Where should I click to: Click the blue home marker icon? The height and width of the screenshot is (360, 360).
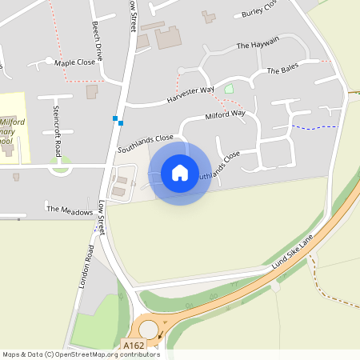(x=180, y=172)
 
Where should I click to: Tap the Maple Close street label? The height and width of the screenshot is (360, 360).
(x=74, y=62)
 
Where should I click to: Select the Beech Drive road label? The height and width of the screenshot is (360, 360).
(x=98, y=41)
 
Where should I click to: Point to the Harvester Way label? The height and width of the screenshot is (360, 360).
(x=191, y=94)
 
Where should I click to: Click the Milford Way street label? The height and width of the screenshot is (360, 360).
(x=226, y=115)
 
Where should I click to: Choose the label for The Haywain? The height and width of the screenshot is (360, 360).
(x=258, y=45)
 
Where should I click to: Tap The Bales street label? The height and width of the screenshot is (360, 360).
(x=282, y=70)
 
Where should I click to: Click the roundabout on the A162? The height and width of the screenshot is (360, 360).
(x=149, y=329)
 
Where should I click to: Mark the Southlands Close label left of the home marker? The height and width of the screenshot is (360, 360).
(x=146, y=143)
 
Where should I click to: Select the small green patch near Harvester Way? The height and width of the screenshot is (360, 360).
(x=229, y=89)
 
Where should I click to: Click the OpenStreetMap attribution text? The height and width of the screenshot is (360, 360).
(x=80, y=354)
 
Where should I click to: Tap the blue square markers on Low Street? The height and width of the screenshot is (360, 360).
(x=118, y=121)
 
